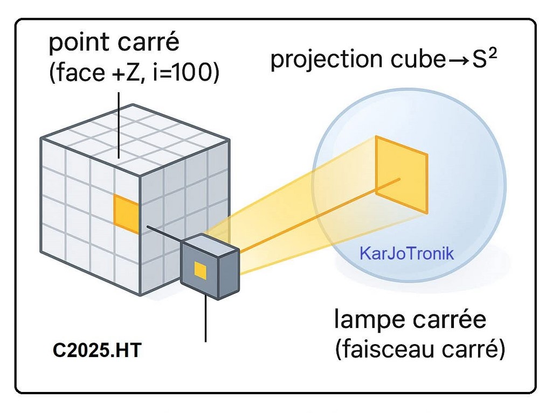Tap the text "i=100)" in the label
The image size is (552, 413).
point(188,74)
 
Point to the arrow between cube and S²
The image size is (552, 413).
point(457,60)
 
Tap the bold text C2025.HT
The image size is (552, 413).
point(97,351)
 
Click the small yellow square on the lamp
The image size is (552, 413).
point(200,270)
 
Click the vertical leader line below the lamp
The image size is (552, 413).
point(206,320)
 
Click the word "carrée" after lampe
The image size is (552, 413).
point(456,320)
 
